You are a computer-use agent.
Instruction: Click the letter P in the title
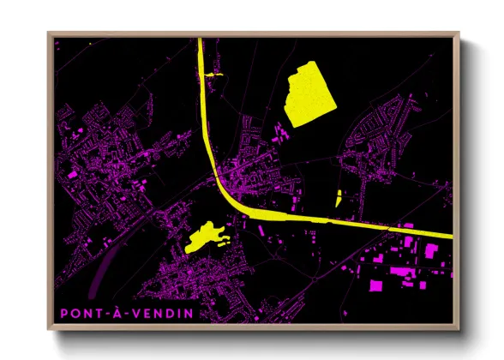pyautogui.click(x=64, y=314)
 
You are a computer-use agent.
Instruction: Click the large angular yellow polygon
pyautogui.click(x=309, y=94)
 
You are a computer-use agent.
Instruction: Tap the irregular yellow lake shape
pyautogui.click(x=203, y=237)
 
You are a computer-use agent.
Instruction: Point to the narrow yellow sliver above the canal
pyautogui.click(x=339, y=198)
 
